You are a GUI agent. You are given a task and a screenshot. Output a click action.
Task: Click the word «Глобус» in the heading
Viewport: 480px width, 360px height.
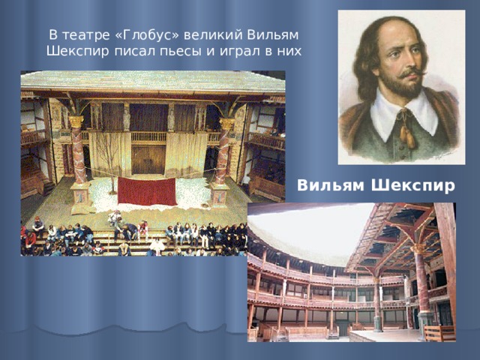click(x=148, y=35)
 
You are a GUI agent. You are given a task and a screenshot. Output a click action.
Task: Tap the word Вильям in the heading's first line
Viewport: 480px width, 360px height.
click(x=272, y=35)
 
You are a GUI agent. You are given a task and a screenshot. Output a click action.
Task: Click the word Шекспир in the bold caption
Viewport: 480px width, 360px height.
click(x=413, y=186)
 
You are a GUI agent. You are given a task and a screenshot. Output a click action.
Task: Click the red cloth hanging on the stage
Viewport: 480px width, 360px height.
click(x=147, y=192)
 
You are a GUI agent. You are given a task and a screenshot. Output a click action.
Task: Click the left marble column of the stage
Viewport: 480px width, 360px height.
click(x=78, y=153)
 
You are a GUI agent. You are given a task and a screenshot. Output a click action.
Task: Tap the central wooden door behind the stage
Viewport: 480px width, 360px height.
click(x=148, y=160)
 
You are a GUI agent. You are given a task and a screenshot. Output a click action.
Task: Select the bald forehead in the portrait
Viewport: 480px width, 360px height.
click(x=400, y=34)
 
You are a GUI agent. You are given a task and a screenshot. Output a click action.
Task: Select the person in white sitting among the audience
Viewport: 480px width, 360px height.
click(x=157, y=247)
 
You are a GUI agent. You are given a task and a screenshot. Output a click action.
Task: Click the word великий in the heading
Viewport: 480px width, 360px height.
click(x=212, y=35)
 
